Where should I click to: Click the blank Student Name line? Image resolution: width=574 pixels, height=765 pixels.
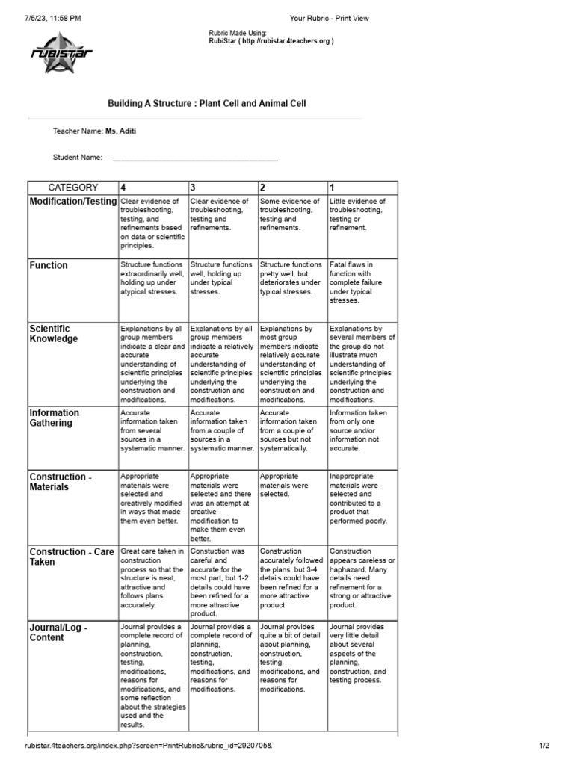[x=194, y=158]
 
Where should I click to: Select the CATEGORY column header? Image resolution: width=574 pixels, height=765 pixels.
[x=72, y=188]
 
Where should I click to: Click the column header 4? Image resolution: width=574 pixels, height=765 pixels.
[x=123, y=188]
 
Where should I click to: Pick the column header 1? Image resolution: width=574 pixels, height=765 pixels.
[x=333, y=188]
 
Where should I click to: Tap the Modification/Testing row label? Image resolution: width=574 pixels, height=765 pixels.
[x=73, y=202]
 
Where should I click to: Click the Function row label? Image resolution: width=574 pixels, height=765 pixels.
[x=49, y=265]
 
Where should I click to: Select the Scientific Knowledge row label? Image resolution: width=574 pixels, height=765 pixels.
[x=53, y=333]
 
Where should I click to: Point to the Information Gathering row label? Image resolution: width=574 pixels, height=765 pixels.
[x=54, y=418]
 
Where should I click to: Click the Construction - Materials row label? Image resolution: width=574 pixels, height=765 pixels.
[x=59, y=481]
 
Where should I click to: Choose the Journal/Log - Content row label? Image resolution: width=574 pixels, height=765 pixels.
[x=58, y=632]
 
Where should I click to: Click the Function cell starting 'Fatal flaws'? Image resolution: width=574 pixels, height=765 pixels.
[x=362, y=282]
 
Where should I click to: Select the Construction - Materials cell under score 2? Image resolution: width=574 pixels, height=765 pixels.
[x=292, y=485]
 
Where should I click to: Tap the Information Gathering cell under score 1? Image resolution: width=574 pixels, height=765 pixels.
[x=362, y=430]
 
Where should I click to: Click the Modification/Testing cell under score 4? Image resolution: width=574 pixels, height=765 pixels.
[x=152, y=223]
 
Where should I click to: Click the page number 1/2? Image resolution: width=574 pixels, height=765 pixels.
[x=544, y=746]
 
